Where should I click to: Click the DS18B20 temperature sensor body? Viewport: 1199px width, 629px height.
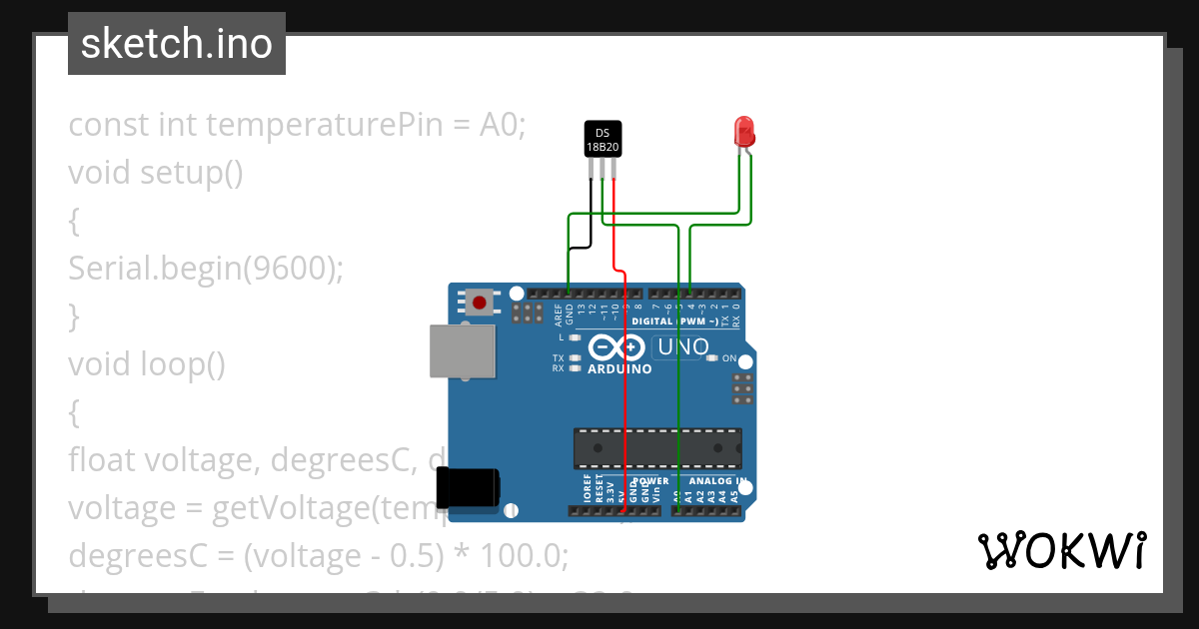tap(602, 139)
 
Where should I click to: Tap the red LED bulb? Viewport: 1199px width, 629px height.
tap(743, 132)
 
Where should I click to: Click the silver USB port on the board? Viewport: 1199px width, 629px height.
tap(462, 351)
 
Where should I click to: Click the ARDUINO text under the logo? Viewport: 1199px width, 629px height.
tap(619, 369)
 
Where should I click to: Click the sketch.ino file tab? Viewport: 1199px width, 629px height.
tap(177, 44)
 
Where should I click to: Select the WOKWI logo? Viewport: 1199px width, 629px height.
tap(1061, 550)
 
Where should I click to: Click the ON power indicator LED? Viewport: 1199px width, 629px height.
tap(710, 358)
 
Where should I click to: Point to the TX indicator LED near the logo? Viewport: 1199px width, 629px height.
tap(575, 357)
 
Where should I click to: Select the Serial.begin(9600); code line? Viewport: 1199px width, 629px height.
tap(205, 269)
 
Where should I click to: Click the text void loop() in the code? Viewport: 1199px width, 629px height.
tap(147, 364)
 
